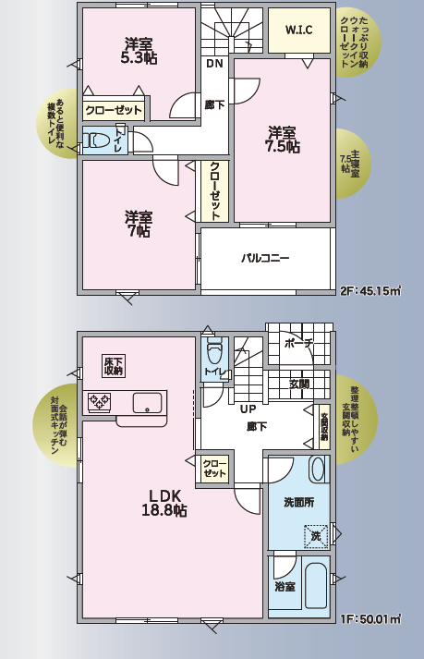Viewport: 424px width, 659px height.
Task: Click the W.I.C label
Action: (x=298, y=31)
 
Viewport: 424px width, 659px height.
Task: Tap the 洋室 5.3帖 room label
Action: (x=139, y=51)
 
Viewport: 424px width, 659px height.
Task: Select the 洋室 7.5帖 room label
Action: (x=282, y=140)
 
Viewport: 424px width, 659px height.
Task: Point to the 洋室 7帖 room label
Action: (x=139, y=224)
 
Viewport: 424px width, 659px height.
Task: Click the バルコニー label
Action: (x=265, y=258)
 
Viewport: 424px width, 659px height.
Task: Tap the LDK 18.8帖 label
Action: (x=164, y=503)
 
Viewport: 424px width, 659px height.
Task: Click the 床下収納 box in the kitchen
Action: (x=114, y=366)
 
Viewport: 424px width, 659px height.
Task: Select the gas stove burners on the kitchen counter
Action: (x=99, y=402)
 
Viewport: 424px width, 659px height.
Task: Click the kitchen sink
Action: (x=147, y=403)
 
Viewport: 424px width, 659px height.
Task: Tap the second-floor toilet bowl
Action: (x=96, y=140)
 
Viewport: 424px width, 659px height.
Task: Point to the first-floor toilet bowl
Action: (x=214, y=352)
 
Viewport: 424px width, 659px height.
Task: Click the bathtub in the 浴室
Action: (x=316, y=586)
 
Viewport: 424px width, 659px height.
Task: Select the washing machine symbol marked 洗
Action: (x=316, y=536)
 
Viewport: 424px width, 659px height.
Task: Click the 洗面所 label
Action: (x=298, y=502)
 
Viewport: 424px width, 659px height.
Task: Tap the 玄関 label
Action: (x=299, y=384)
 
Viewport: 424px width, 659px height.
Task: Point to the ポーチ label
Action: (x=298, y=343)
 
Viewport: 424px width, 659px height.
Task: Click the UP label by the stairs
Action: (x=248, y=409)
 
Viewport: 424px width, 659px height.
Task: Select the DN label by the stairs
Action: (x=214, y=64)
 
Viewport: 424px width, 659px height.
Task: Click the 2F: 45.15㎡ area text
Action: (x=369, y=291)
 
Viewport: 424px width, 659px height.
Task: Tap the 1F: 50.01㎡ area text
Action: (x=369, y=619)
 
